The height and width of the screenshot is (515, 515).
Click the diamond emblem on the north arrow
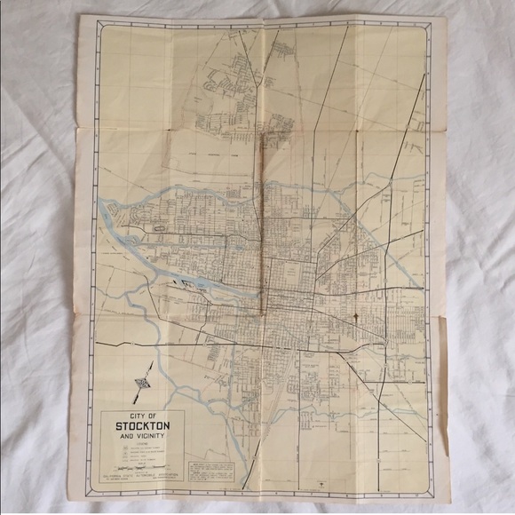pos(139,384)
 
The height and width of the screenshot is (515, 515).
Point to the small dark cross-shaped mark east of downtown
pos(356,317)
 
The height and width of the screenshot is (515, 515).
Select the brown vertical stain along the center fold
pos(263,222)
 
